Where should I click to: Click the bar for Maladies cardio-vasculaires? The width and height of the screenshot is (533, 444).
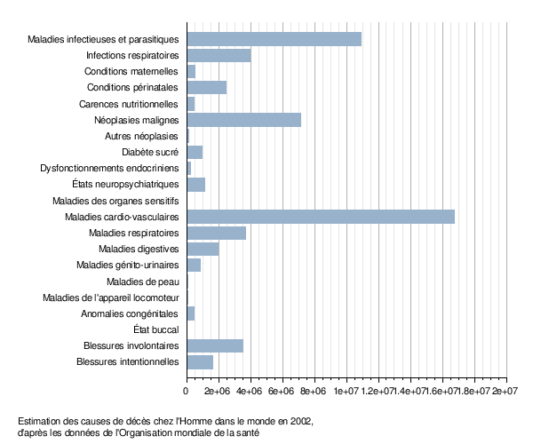320,217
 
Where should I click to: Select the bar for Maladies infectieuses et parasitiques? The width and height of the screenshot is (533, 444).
274,39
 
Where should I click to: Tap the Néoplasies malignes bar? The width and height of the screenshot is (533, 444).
243,120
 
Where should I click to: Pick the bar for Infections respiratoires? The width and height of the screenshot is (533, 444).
219,55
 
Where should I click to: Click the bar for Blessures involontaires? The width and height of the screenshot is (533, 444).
214,345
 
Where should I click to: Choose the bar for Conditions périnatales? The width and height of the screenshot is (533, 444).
206,87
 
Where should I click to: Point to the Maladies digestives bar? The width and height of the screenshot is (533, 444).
203,249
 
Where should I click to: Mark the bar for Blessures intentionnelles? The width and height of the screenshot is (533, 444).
200,361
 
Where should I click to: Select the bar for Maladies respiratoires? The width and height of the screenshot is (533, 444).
216,233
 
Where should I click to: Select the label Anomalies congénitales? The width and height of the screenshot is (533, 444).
131,313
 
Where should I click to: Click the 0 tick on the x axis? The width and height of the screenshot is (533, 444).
187,390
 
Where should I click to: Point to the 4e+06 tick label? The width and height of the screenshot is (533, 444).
250,390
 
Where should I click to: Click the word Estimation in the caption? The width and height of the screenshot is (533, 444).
40,421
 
